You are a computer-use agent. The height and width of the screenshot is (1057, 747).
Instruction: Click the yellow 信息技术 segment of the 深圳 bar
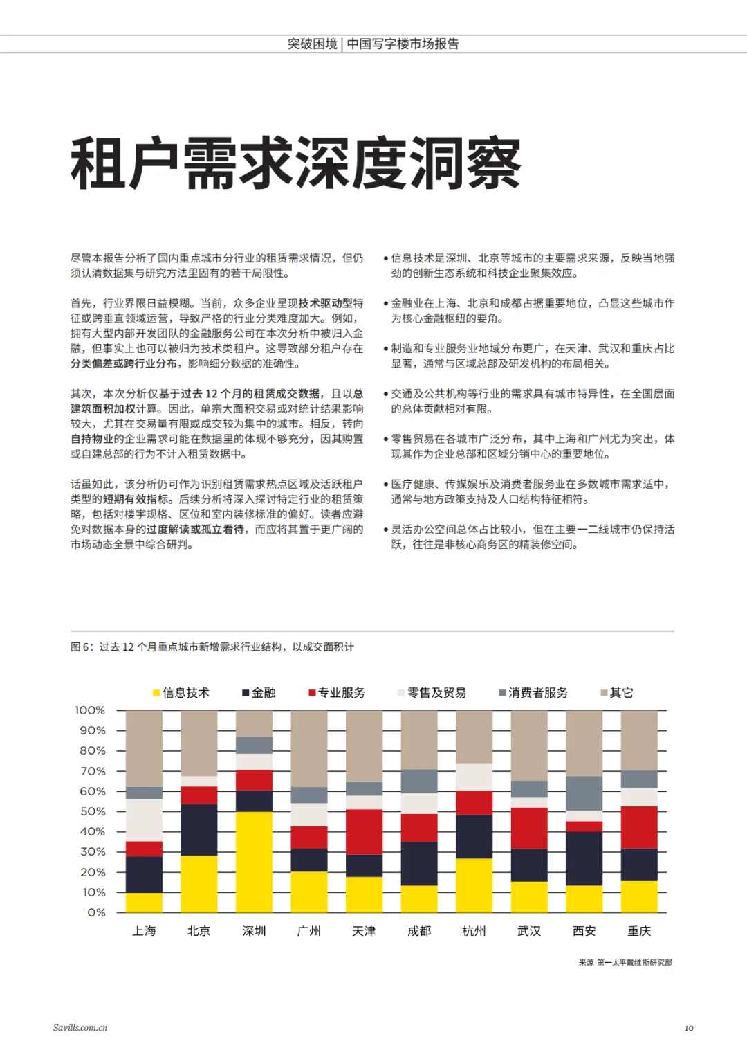[254, 862]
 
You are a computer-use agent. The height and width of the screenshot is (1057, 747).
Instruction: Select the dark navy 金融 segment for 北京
[199, 830]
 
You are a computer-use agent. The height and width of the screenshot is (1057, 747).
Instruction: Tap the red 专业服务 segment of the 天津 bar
[364, 832]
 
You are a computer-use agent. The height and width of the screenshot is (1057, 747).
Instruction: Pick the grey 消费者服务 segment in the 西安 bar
[584, 793]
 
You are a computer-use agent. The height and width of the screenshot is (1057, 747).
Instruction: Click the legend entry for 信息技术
[181, 693]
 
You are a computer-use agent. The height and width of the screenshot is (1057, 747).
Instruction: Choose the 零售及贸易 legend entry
[432, 693]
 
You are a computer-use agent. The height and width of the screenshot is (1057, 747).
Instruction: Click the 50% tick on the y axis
[93, 811]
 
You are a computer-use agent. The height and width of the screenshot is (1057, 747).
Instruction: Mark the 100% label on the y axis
[90, 710]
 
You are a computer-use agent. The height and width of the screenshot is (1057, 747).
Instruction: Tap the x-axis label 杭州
[474, 931]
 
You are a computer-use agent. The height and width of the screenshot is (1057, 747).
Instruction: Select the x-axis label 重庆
[639, 931]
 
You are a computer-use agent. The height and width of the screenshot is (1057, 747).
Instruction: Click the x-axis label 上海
[144, 931]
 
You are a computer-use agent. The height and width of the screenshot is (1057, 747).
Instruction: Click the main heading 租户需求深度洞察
[295, 164]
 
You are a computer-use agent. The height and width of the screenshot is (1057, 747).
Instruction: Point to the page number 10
[689, 1028]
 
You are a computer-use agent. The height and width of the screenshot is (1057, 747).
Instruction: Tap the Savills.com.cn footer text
[80, 1028]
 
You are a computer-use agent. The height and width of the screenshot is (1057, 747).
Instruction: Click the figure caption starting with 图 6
[212, 647]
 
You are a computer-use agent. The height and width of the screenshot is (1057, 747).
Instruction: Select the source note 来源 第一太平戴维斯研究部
[625, 962]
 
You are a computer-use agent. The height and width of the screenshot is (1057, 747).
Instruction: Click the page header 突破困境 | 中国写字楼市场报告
[373, 44]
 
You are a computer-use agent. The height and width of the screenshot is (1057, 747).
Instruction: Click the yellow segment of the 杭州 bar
[474, 885]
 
